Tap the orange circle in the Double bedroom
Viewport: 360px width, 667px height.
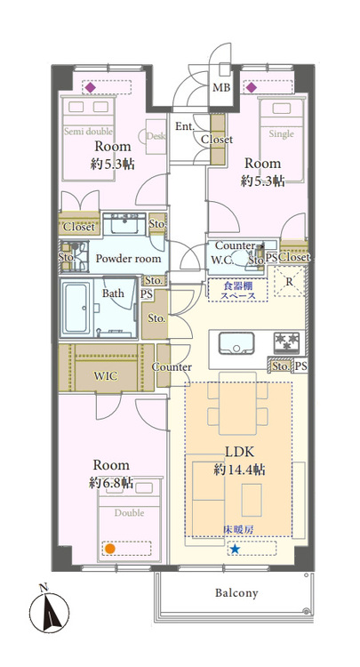[x=110, y=548]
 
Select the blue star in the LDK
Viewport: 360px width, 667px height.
[x=235, y=550]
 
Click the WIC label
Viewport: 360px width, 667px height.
[x=106, y=375]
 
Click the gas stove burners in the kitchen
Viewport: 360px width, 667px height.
[x=286, y=341]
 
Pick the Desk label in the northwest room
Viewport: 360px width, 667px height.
[x=156, y=136]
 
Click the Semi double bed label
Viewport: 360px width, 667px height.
[x=89, y=131]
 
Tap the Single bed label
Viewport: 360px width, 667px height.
[x=281, y=134]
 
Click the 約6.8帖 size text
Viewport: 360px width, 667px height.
[x=111, y=483]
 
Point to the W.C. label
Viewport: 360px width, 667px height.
[x=222, y=261]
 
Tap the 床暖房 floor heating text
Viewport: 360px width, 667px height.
[x=236, y=531]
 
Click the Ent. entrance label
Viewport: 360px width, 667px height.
[x=185, y=126]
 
